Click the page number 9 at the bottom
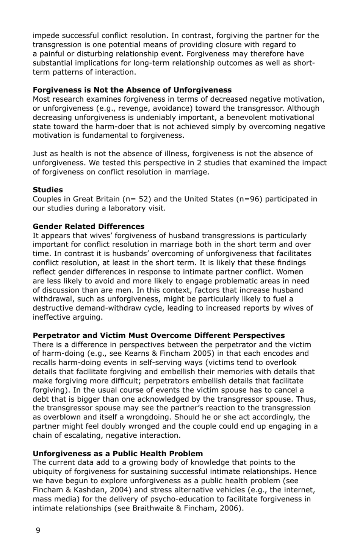pyautogui.click(x=38, y=530)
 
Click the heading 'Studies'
pyautogui.click(x=48, y=190)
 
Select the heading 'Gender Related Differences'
pyautogui.click(x=88, y=226)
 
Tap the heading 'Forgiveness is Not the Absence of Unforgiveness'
pyautogui.click(x=132, y=90)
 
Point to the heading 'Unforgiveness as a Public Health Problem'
pyautogui.click(x=117, y=453)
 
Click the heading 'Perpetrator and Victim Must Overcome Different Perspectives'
pyautogui.click(x=158, y=335)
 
